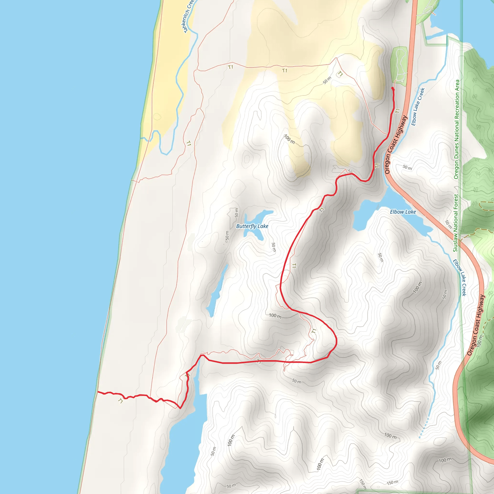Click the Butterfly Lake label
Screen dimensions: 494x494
pos(252,226)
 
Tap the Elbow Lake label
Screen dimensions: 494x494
pos(403,212)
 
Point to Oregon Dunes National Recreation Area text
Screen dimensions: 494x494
pos(457,129)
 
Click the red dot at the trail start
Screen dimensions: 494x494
pos(392,88)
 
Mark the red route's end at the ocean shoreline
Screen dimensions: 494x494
pos(98,392)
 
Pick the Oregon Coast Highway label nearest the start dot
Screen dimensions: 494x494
pos(396,144)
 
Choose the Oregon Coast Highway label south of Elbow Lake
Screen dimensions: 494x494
pos(476,325)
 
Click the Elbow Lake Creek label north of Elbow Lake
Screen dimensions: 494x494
pos(418,107)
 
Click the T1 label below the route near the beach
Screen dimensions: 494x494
pos(120,401)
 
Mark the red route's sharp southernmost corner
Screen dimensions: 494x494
pos(180,408)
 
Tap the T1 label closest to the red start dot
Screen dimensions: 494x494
pos(398,111)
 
